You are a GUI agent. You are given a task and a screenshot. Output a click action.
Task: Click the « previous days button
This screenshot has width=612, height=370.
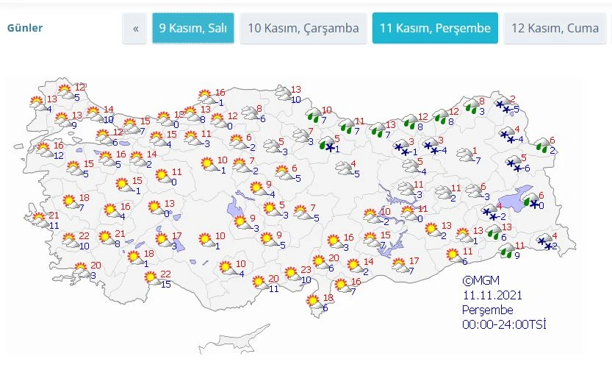(x=135, y=29)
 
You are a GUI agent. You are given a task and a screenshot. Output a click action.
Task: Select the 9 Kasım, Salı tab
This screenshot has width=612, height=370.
(x=193, y=29)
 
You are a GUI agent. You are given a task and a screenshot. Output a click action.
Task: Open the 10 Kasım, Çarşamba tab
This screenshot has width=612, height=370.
(x=303, y=29)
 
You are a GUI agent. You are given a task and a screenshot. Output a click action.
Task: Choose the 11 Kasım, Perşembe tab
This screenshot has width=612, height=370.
(x=435, y=29)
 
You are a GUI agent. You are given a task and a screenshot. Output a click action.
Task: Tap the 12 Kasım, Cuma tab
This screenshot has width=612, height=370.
(x=561, y=29)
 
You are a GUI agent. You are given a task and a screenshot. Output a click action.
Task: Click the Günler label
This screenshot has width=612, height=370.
(x=25, y=29)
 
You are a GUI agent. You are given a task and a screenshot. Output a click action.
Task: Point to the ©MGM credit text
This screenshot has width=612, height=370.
(x=478, y=280)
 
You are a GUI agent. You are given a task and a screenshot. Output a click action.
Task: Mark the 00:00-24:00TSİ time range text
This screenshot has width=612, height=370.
(x=503, y=324)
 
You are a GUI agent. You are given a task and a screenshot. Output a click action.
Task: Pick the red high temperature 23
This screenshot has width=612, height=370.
(x=306, y=270)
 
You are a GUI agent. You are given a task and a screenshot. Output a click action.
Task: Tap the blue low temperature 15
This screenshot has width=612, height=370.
(x=165, y=284)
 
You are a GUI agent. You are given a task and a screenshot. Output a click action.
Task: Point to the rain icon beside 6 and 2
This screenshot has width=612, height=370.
(x=542, y=146)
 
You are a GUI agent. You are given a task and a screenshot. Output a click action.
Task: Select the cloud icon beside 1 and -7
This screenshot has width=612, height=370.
(x=464, y=155)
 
